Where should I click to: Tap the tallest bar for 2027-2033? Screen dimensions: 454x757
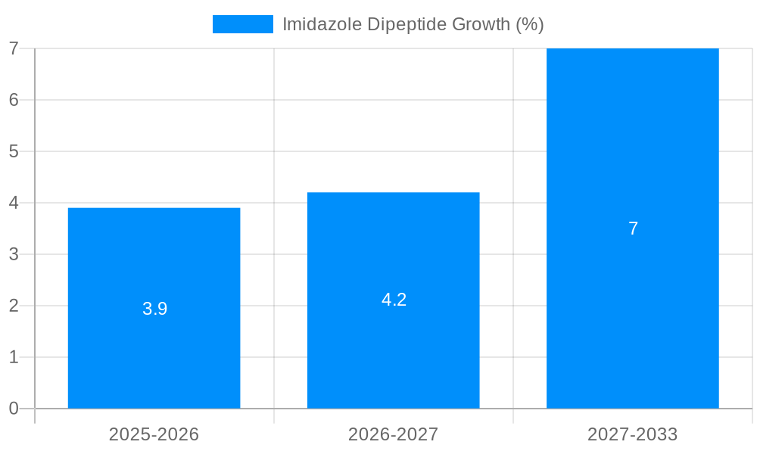(632, 151)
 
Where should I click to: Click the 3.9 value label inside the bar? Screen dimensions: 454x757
(154, 309)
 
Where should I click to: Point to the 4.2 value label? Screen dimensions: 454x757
(394, 300)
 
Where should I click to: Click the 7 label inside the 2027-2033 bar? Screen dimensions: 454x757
(633, 229)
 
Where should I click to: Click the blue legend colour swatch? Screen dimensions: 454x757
(242, 24)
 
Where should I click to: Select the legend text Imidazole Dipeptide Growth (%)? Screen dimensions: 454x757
(413, 24)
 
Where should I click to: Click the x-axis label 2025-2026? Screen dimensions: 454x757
(154, 434)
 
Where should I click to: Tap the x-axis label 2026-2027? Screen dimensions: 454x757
(393, 434)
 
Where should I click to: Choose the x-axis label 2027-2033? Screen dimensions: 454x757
(632, 434)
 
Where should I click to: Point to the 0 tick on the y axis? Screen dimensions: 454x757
(14, 409)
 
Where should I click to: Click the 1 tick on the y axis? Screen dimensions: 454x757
(14, 357)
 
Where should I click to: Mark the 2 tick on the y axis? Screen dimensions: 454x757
(14, 306)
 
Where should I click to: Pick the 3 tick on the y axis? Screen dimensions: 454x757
(14, 254)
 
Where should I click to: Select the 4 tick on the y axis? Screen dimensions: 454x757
(14, 203)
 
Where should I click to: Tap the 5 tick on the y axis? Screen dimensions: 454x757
(14, 151)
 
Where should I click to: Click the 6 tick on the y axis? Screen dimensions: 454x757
(14, 100)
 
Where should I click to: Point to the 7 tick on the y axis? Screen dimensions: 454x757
(14, 48)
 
